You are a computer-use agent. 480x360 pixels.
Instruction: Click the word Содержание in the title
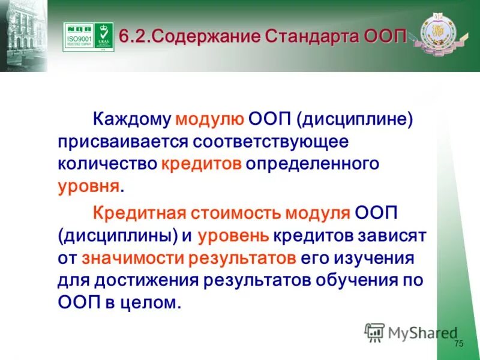coord(205,35)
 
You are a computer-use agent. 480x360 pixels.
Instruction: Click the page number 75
coord(459,344)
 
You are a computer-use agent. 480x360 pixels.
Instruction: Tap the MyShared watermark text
coord(422,332)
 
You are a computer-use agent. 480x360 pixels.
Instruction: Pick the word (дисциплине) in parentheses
coord(353,119)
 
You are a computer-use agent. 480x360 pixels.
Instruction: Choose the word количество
coord(108,164)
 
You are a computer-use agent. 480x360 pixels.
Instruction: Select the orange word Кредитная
coord(140,214)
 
